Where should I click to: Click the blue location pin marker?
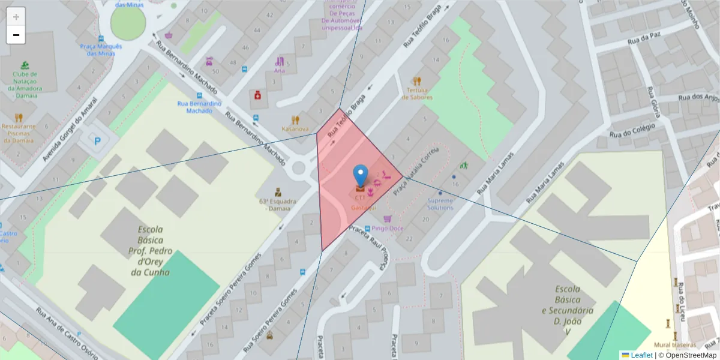point(360,176)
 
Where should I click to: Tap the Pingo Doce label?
point(387,228)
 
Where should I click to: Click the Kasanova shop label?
point(295,129)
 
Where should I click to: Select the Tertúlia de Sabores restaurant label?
point(416,94)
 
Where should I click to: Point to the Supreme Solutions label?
point(440,204)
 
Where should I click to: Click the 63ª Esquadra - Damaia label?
point(275,205)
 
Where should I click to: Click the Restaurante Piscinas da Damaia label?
point(19,133)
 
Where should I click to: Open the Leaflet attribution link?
point(641,355)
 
